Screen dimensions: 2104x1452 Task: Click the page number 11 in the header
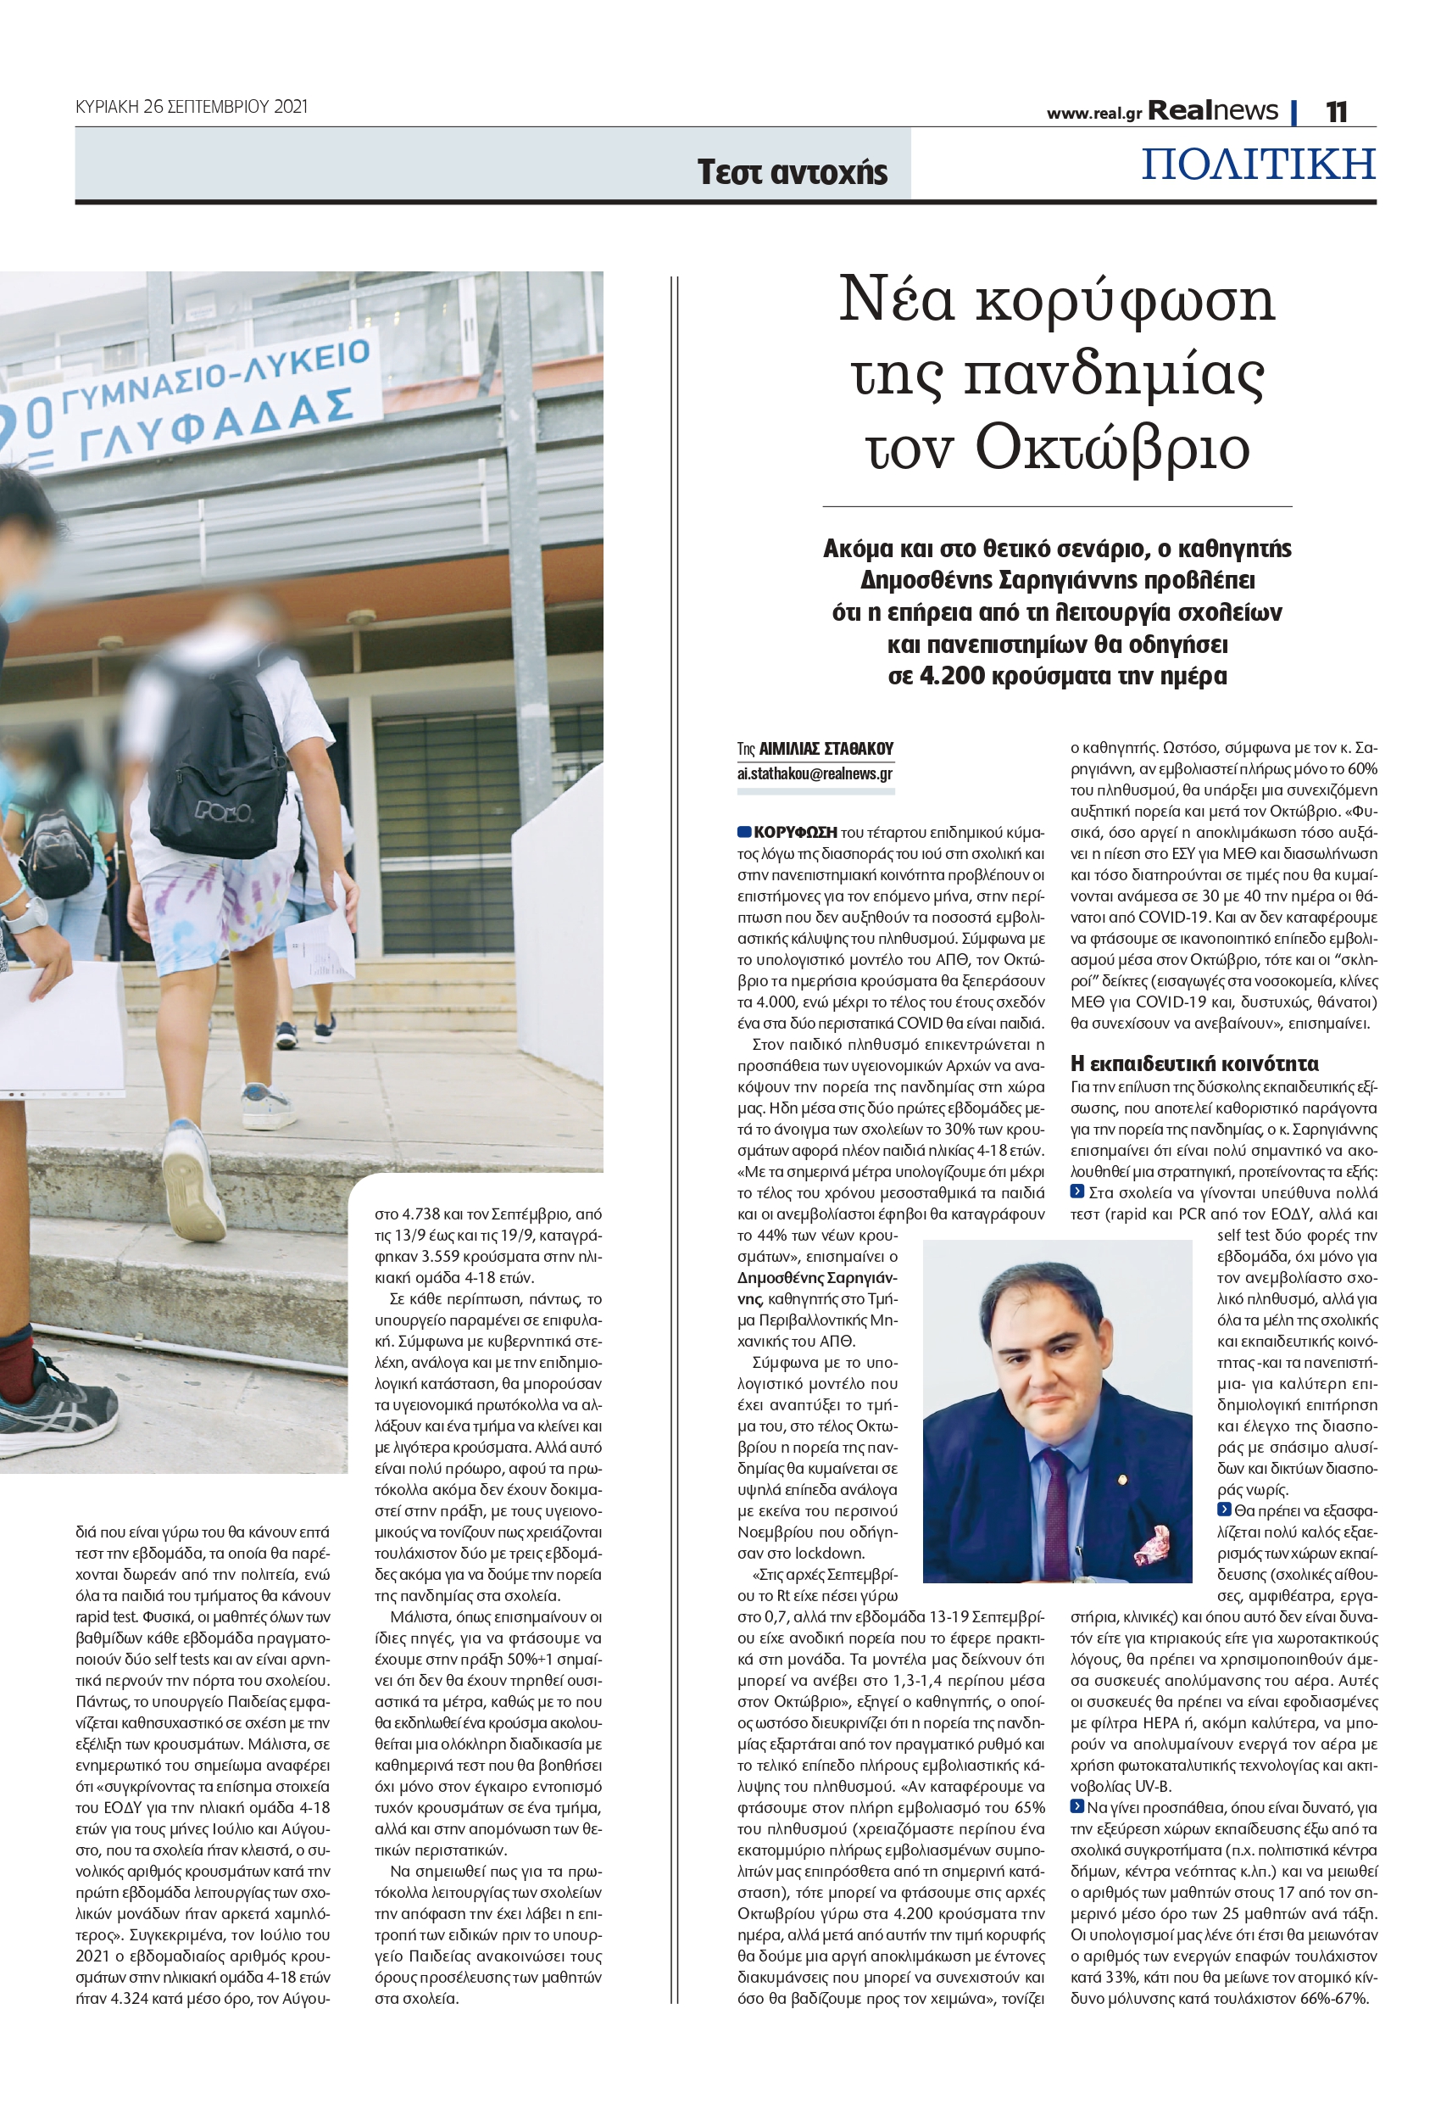pyautogui.click(x=1336, y=111)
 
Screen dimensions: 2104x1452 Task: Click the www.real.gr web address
pyautogui.click(x=1093, y=114)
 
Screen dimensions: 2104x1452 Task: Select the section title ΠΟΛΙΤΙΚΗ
pyautogui.click(x=1258, y=164)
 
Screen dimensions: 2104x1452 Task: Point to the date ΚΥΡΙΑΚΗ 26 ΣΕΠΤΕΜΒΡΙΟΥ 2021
pyautogui.click(x=191, y=107)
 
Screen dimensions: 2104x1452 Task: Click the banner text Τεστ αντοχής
pyautogui.click(x=792, y=172)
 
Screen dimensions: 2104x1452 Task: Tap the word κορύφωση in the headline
pyautogui.click(x=1126, y=300)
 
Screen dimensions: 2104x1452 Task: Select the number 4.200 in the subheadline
pyautogui.click(x=951, y=676)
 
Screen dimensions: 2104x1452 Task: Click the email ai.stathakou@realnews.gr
pyautogui.click(x=815, y=773)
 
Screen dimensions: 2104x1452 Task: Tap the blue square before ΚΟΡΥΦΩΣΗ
pyautogui.click(x=743, y=832)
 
